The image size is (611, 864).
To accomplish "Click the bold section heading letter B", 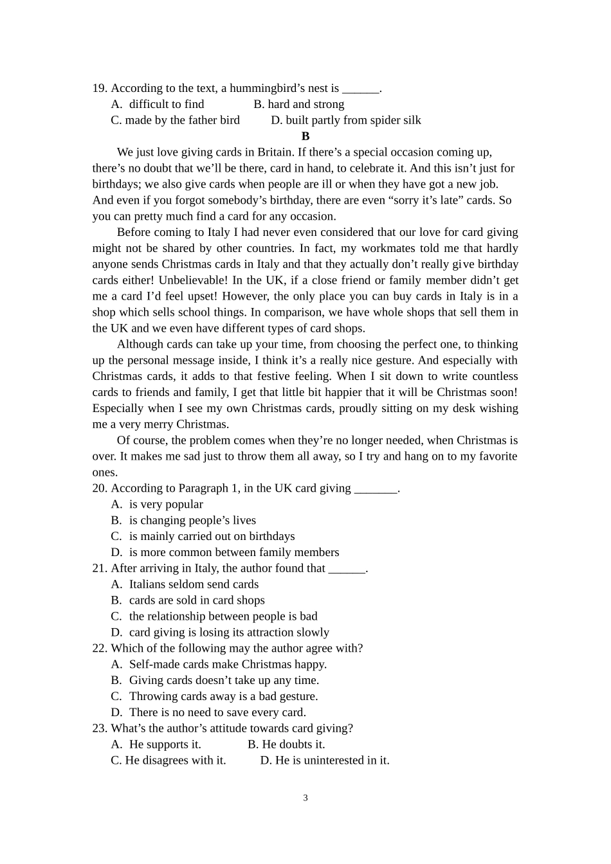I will pos(305,136).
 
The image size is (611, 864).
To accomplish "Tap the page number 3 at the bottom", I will pos(305,798).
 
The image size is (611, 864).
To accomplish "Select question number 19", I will pos(99,89).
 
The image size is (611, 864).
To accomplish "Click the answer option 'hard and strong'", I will pos(305,104).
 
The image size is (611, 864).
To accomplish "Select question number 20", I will pos(99,489).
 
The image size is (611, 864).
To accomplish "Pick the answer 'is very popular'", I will pos(166,505).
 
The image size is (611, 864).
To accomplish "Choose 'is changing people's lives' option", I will pos(192,521).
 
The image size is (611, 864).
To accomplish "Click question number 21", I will pos(99,568).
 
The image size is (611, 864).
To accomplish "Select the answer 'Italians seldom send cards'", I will pos(194,584).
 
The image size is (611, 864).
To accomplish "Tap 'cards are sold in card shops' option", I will pos(197,600).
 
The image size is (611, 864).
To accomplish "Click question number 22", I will pos(99,649).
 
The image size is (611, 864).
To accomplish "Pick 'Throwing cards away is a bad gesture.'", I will pos(223,696).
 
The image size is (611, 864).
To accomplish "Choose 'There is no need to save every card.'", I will pos(217,712).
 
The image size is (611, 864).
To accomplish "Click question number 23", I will pos(99,728).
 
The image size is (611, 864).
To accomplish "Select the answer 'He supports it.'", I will pos(165,744).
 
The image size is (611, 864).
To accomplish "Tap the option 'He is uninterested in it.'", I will pos(332,760).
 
